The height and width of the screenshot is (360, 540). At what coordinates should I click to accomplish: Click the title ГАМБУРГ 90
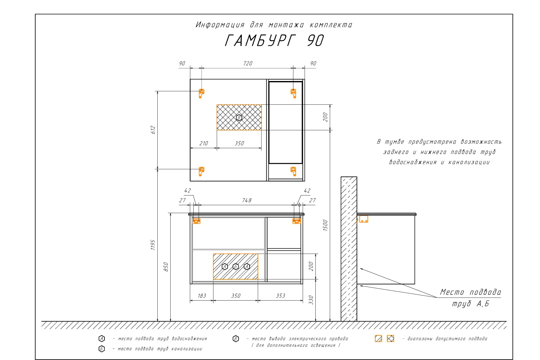coord(274,40)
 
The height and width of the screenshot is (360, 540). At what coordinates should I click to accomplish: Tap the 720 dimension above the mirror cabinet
coord(248,63)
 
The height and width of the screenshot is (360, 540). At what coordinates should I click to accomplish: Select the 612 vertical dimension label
coord(153,130)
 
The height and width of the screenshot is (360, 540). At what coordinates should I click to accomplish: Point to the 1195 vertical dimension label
coord(153,245)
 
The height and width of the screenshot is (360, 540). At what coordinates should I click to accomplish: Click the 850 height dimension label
coord(166,267)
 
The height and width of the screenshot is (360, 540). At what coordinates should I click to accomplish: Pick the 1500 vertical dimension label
coord(325,225)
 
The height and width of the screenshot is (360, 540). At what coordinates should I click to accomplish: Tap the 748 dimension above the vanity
coord(247,201)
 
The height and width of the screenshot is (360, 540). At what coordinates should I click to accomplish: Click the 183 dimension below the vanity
coord(202,296)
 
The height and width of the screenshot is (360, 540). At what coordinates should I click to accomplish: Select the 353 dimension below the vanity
coord(280,296)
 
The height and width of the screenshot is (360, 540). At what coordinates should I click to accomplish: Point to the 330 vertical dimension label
coord(311,300)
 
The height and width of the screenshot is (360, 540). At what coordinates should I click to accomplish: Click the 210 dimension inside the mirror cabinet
coord(203,144)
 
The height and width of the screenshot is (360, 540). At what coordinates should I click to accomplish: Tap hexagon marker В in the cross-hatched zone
coord(239,118)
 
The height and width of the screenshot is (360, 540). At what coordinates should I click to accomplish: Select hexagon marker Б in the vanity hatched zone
coord(235,266)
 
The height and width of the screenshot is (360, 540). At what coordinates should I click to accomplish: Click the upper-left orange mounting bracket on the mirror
coord(201,93)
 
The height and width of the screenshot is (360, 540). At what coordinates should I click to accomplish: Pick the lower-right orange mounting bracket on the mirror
coord(293,171)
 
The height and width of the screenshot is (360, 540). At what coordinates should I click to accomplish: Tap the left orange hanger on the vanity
coord(196,221)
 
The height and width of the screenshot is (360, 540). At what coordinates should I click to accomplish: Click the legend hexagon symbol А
coord(102,338)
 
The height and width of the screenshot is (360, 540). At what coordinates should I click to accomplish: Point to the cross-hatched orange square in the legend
coord(390,338)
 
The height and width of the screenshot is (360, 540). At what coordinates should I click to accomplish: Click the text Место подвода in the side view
coord(470,292)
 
